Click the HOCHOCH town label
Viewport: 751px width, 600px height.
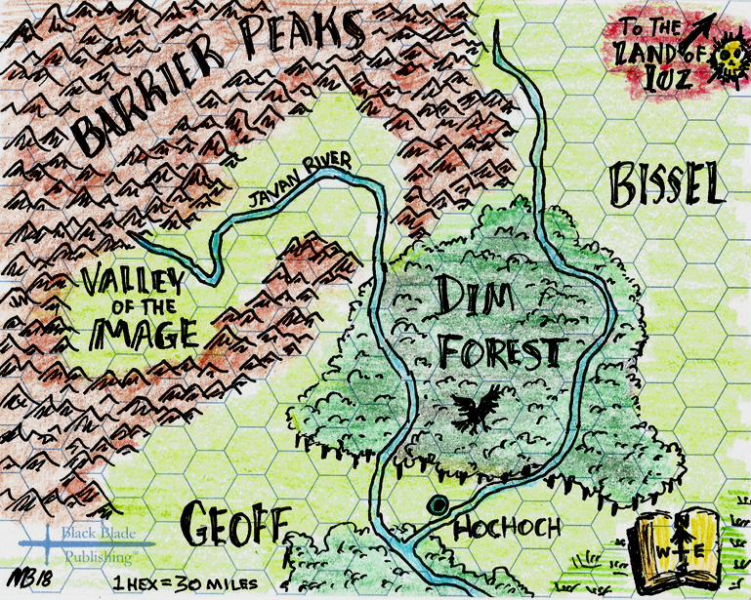point(508,529)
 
